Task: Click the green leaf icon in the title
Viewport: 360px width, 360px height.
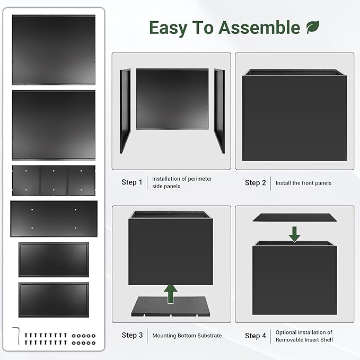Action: [x=313, y=27]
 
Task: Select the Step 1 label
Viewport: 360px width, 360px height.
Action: [x=131, y=182]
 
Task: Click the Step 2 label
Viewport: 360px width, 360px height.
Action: [x=256, y=183]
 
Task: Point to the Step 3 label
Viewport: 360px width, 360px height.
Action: [x=132, y=335]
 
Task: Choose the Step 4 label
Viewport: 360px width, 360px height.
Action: [x=256, y=336]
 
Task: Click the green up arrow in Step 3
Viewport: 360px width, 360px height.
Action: [x=170, y=293]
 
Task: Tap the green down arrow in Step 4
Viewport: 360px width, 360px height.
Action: [x=295, y=233]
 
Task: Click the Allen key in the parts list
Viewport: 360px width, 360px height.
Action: [x=16, y=336]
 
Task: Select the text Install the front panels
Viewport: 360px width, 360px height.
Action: [x=303, y=183]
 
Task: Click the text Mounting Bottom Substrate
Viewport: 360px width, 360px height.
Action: [x=187, y=336]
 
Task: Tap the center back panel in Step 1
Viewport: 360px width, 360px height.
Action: [x=172, y=99]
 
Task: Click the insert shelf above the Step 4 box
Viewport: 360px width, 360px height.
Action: [x=295, y=217]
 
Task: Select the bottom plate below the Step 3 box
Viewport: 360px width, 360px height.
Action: [x=170, y=307]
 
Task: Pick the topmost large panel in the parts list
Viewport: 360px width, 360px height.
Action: [x=54, y=49]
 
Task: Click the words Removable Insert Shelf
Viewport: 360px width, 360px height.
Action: [x=304, y=340]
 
